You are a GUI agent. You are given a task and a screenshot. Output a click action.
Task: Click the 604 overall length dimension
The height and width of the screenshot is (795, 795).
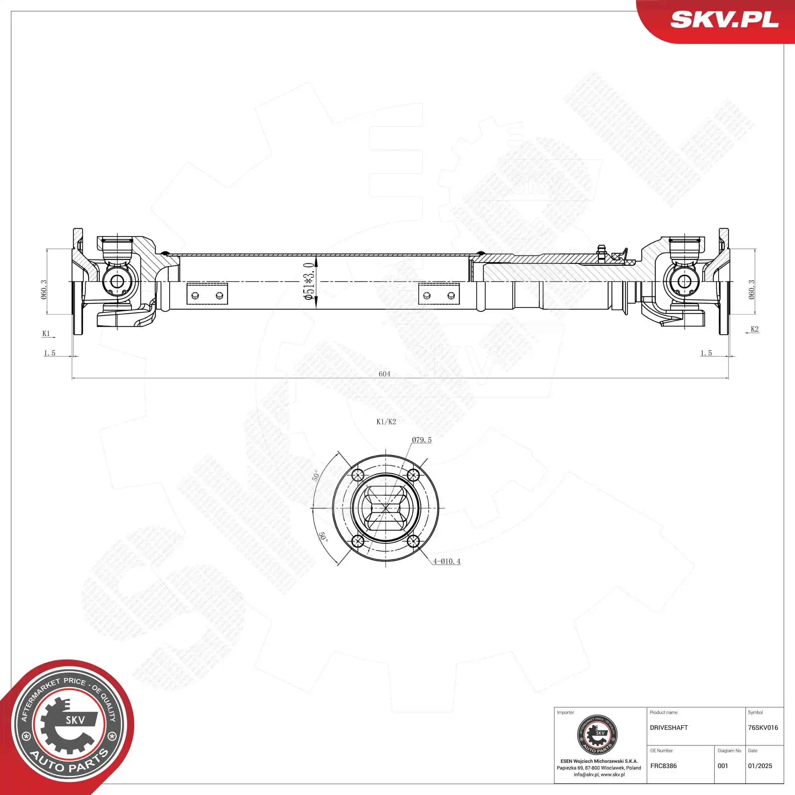click(x=384, y=374)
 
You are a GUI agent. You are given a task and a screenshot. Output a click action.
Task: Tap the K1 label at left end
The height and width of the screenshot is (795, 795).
click(x=46, y=333)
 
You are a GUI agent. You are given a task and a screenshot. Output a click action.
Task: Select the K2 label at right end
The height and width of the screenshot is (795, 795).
click(x=754, y=329)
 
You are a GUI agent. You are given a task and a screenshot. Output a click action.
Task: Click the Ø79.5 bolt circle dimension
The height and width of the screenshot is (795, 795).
click(x=422, y=440)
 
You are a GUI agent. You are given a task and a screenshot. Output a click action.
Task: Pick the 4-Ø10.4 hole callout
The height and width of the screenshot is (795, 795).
click(x=446, y=561)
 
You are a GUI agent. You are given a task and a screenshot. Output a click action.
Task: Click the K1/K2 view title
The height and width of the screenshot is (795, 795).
click(x=386, y=422)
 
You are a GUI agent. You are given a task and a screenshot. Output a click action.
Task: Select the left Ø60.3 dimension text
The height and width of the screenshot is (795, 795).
click(x=44, y=289)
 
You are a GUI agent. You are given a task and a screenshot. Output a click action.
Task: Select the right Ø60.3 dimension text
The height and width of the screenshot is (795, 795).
click(x=751, y=289)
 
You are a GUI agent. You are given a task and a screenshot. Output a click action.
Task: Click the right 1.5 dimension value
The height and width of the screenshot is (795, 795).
click(x=706, y=353)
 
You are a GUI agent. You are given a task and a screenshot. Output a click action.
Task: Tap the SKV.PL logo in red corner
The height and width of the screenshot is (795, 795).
click(x=724, y=19)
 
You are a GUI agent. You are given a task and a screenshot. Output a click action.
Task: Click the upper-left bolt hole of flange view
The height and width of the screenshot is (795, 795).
click(x=358, y=476)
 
